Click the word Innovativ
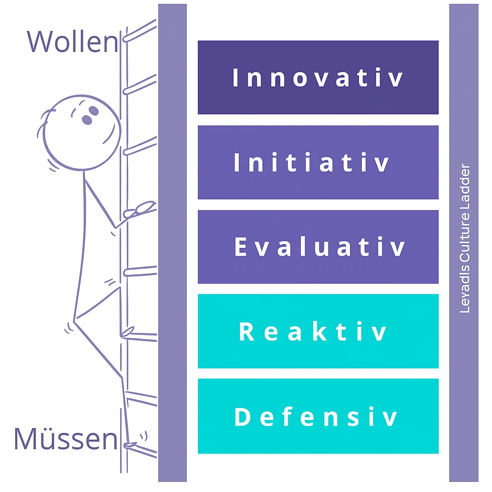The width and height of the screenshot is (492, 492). [318, 78]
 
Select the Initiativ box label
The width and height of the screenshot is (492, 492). [312, 163]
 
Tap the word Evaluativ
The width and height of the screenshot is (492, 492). [320, 247]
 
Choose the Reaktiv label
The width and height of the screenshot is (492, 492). [313, 332]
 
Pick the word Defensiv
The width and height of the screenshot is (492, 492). [316, 417]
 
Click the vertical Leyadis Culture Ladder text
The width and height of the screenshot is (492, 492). [465, 239]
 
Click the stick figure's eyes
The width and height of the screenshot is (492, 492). [90, 115]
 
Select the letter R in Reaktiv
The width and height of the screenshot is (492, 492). [246, 332]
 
